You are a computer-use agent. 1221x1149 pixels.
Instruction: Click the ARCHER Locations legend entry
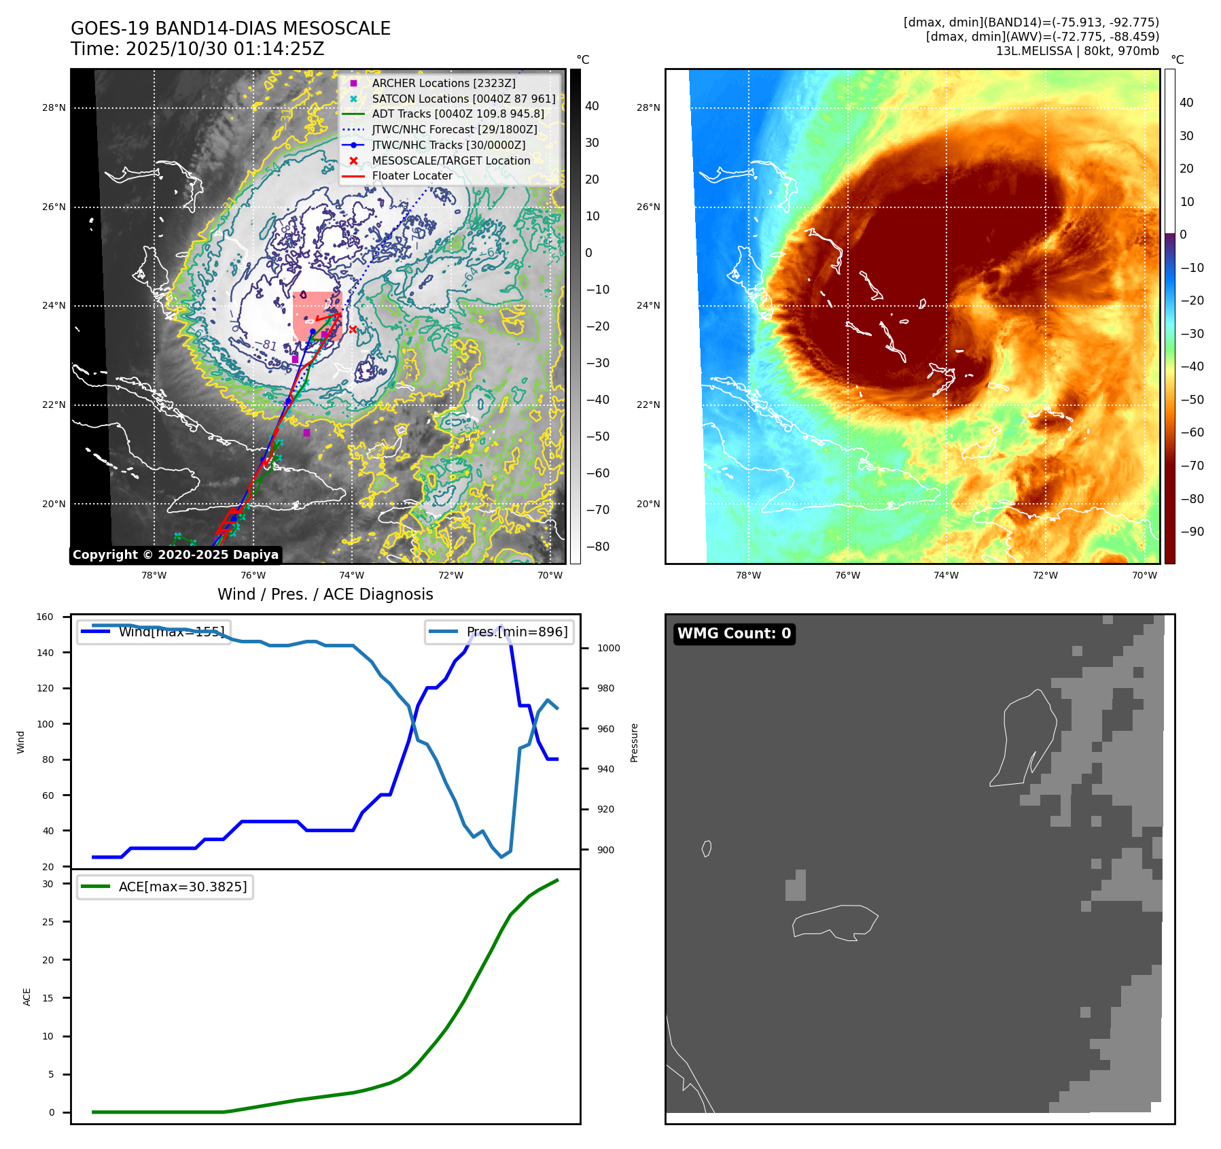[443, 83]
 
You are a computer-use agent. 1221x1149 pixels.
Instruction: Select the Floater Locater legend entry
[412, 175]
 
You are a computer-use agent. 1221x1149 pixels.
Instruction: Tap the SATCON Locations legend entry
[463, 99]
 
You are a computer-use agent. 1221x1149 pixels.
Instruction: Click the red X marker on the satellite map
[353, 330]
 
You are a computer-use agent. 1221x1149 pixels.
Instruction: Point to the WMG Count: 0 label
[734, 634]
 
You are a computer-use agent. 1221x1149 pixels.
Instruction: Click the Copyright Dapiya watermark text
[175, 555]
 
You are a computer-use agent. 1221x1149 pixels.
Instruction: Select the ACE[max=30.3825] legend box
[165, 887]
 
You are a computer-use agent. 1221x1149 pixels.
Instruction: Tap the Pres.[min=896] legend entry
[500, 632]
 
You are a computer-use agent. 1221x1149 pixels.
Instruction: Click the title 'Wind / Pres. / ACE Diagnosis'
[325, 594]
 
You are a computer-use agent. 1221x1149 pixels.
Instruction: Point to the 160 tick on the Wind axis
[45, 617]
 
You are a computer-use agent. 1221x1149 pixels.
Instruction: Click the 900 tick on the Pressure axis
[608, 850]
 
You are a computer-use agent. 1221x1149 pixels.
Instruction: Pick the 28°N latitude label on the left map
[54, 107]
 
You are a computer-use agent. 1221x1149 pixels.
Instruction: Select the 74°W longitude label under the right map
[946, 575]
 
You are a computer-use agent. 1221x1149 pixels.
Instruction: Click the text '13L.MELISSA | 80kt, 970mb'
[1077, 51]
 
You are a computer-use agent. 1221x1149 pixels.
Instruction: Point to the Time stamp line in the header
[197, 49]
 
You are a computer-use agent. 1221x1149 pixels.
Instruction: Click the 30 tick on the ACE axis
[48, 884]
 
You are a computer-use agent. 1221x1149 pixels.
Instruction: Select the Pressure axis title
[634, 742]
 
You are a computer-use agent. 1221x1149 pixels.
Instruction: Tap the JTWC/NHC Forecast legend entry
[454, 129]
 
